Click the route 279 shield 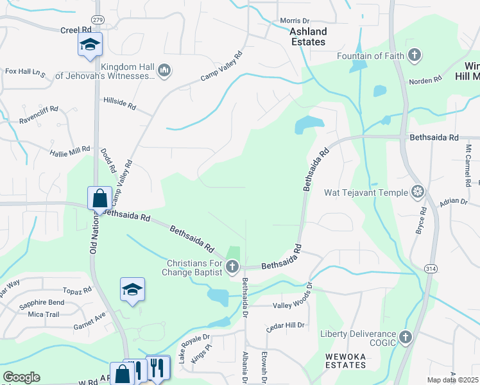97,20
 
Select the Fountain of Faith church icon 415,55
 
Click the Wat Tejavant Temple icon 418,192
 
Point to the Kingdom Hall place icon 164,69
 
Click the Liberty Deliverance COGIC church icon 405,337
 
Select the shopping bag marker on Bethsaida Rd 100,198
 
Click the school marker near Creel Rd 90,45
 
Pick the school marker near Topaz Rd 132,290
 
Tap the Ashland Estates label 308,37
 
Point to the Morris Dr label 295,21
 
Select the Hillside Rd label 120,103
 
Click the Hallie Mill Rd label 71,151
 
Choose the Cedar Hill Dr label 285,325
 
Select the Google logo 21,377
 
